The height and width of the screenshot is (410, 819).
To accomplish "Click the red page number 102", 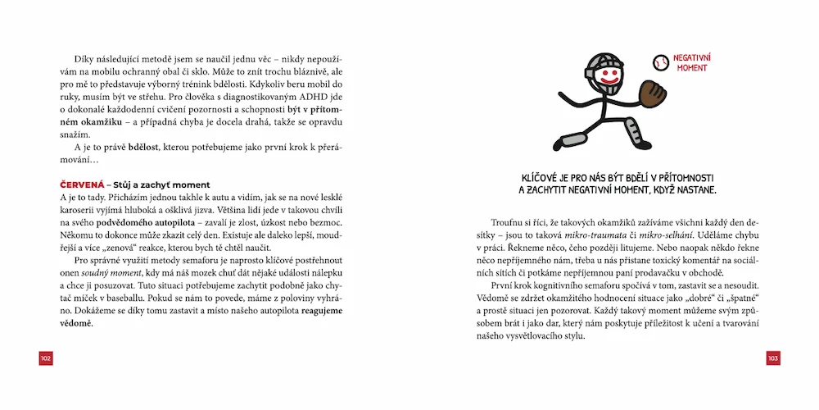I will [45, 358].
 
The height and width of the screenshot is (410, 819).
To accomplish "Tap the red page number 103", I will [773, 358].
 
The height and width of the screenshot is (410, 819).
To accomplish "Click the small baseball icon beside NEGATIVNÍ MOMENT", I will [660, 61].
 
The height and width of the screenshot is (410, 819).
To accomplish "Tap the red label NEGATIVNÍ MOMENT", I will [691, 62].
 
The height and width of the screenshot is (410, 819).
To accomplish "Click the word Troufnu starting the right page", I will [509, 222].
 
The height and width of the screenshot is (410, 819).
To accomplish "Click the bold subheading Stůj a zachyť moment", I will [161, 184].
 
